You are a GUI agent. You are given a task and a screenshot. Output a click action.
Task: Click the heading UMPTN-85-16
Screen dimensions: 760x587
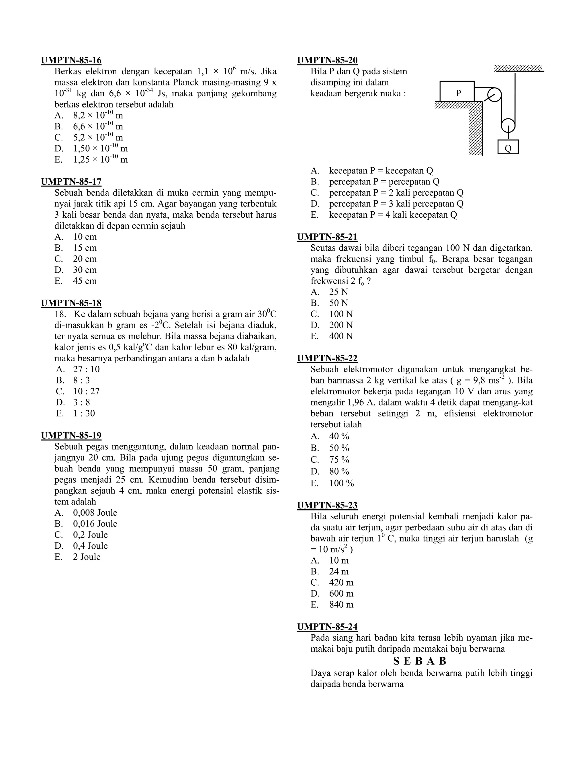(x=71, y=61)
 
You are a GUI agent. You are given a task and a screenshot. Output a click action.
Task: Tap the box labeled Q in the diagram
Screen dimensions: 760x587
(x=508, y=147)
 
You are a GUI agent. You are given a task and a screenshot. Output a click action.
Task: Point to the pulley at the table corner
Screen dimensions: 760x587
(x=494, y=95)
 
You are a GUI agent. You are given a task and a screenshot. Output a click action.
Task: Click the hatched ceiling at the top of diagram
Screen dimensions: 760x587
(x=518, y=68)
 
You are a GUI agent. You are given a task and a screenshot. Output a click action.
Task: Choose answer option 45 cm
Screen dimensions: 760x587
(x=85, y=281)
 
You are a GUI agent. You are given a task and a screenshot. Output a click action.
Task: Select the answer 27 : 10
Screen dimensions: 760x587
(x=86, y=369)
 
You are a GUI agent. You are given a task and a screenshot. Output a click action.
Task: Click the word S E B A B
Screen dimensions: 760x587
(x=420, y=661)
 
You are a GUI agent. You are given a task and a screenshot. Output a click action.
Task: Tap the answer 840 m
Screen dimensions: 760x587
(x=341, y=605)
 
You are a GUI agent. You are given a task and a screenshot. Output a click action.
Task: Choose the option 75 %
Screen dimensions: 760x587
(x=339, y=460)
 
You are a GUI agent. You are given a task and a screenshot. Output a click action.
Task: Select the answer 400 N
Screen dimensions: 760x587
(x=341, y=336)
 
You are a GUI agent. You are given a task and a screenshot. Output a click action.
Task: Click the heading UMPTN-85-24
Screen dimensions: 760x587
(x=327, y=627)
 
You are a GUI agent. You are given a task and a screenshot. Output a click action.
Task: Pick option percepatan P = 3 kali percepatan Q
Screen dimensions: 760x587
(x=396, y=204)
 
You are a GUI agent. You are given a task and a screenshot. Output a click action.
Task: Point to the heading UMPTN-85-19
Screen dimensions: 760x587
(x=71, y=436)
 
